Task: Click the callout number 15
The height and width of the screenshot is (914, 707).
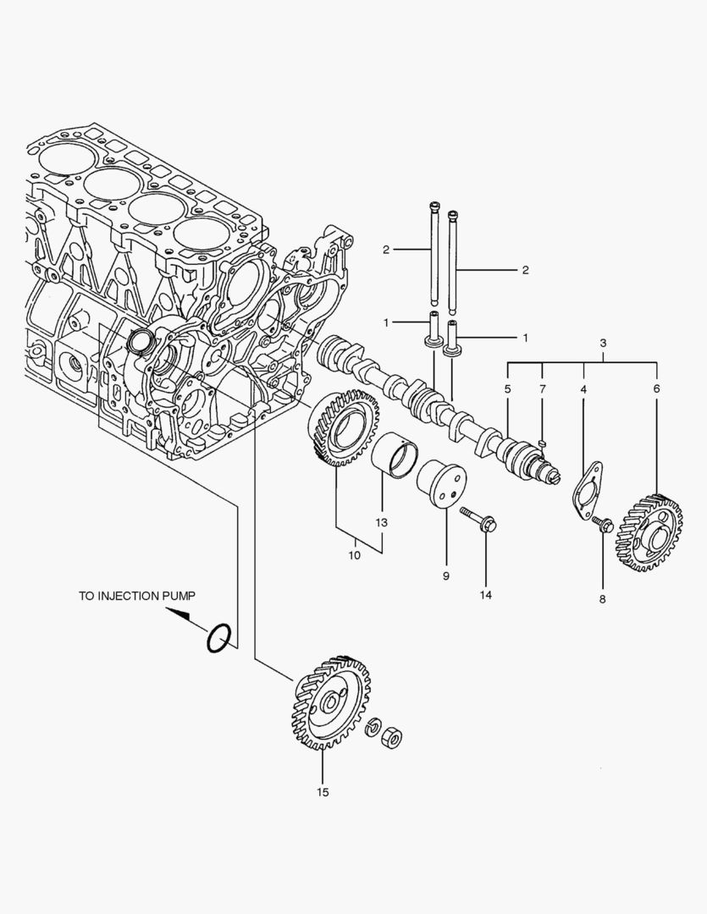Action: click(323, 792)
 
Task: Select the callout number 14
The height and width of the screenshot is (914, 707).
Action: click(485, 594)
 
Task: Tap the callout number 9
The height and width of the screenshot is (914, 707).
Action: click(445, 575)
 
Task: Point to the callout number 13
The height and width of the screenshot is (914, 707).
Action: click(381, 523)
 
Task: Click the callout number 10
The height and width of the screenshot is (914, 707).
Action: click(354, 555)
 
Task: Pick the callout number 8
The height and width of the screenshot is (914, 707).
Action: click(603, 599)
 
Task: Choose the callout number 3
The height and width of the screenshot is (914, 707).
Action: click(603, 344)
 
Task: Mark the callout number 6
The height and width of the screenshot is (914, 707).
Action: click(656, 388)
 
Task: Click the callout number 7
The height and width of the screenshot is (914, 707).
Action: click(542, 388)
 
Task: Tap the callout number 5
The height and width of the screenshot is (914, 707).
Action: click(507, 388)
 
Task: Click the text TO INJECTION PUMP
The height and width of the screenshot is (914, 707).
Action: click(137, 596)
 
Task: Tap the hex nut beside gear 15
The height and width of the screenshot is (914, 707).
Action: click(392, 735)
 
